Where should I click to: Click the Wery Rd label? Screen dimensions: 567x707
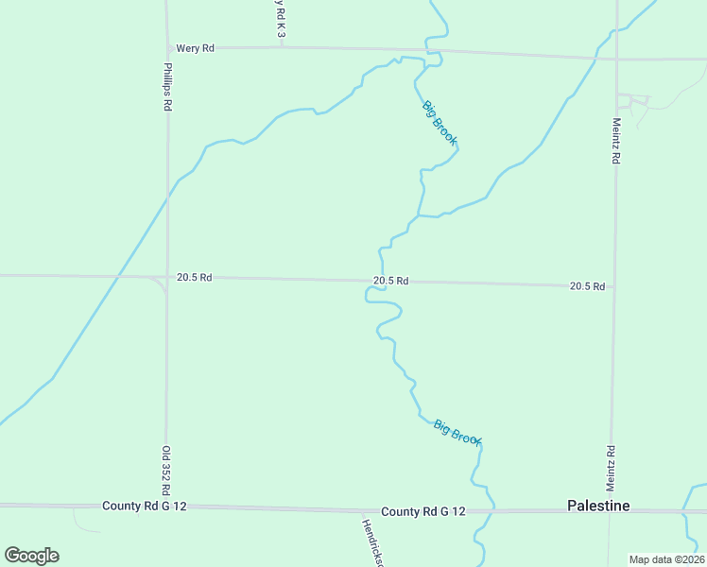[x=196, y=47]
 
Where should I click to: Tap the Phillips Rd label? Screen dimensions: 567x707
[x=166, y=88]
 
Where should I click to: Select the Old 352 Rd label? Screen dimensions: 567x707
[x=166, y=470]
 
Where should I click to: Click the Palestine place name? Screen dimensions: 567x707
[x=598, y=506]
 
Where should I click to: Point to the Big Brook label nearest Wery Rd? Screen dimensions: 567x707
[x=440, y=122]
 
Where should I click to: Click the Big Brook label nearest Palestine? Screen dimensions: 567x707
[x=457, y=433]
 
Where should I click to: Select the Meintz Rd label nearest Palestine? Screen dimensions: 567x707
[x=612, y=466]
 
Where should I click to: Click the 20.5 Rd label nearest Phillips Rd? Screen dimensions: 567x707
[x=194, y=278]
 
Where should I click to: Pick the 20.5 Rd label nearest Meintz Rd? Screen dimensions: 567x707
[x=587, y=286]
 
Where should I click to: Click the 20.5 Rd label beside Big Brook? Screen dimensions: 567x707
[x=390, y=281]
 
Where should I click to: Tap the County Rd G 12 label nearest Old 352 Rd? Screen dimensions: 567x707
[x=145, y=507]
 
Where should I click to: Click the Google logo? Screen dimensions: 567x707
[x=31, y=556]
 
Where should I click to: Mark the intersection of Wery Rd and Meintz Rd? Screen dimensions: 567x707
[x=616, y=59]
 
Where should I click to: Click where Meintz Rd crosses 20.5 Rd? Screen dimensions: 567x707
[x=614, y=286]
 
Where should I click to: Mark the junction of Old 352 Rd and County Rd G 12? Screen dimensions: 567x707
[x=167, y=507]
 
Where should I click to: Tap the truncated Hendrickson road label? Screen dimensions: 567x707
[x=373, y=541]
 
